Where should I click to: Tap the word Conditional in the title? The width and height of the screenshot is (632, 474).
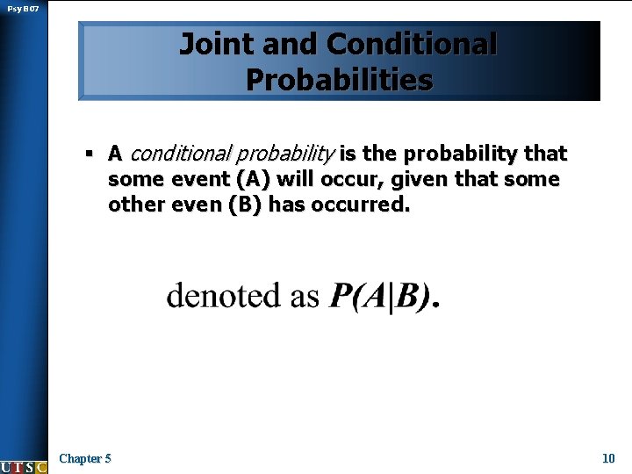coord(412,44)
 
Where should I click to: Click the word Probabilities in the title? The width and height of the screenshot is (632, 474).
coord(339,80)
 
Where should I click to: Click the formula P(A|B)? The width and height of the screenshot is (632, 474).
coord(382,297)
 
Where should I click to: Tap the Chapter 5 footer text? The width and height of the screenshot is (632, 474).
coord(84,458)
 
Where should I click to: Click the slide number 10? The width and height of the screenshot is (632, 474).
coord(608,458)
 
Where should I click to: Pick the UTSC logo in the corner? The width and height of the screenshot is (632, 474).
coord(24,466)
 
